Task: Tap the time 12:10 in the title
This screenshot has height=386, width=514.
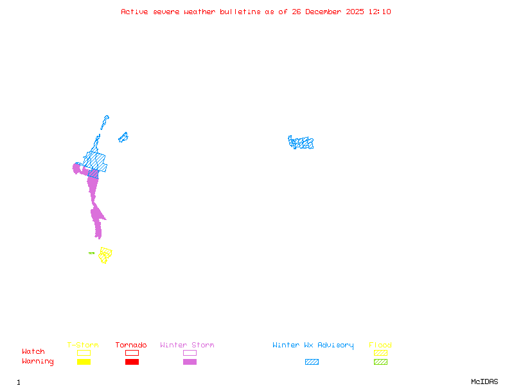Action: click(x=380, y=12)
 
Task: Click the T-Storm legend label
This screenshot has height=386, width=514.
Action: click(x=83, y=345)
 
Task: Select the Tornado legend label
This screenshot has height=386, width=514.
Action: click(x=131, y=345)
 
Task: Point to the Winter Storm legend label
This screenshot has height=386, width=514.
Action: click(x=187, y=345)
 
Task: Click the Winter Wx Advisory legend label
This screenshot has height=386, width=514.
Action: click(x=313, y=345)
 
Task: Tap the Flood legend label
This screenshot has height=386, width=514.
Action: click(x=380, y=345)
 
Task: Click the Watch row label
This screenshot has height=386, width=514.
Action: click(x=33, y=352)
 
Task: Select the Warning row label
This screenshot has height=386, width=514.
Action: click(x=38, y=362)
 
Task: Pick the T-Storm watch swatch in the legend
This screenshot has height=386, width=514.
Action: click(x=84, y=353)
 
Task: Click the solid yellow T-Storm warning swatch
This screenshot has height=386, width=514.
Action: click(x=84, y=362)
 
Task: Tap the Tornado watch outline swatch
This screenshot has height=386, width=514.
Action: click(x=132, y=353)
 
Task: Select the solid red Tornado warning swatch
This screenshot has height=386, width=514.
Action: click(x=132, y=362)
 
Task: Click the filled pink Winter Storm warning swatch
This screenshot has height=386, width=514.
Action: click(x=190, y=362)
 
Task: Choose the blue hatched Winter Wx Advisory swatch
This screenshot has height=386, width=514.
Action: click(x=312, y=362)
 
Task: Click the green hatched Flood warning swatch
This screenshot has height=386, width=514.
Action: click(x=380, y=362)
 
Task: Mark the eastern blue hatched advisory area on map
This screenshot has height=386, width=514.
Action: click(x=301, y=143)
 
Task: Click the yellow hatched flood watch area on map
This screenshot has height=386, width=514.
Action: click(x=105, y=255)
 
